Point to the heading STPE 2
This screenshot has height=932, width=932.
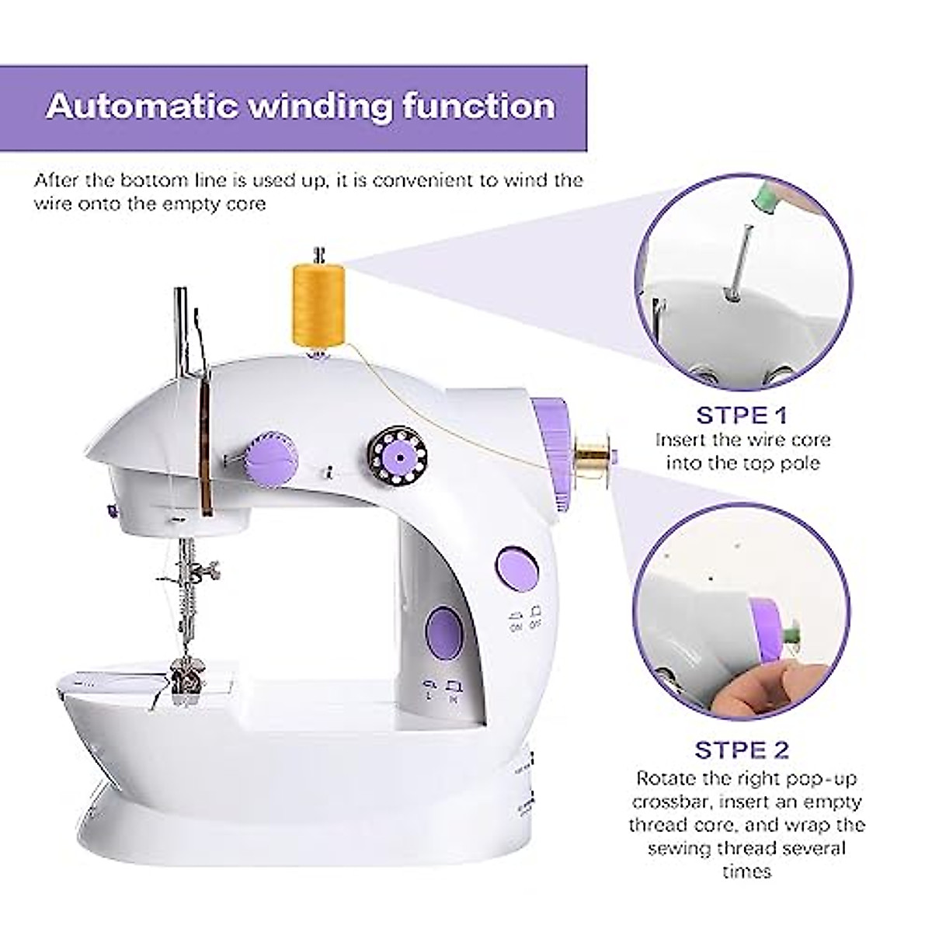742,749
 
